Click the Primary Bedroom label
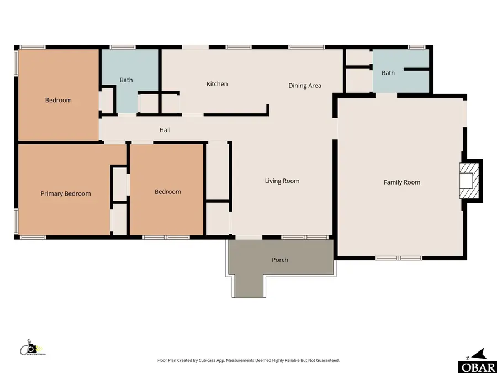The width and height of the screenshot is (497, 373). [x=66, y=194]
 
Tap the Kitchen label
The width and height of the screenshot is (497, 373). [x=217, y=84]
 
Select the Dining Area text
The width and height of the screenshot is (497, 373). [x=305, y=86]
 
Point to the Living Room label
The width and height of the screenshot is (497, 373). [x=282, y=181]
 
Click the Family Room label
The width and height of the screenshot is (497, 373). [x=402, y=182]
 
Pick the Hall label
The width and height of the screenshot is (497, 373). [x=165, y=130]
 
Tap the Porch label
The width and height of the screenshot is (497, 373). [x=280, y=260]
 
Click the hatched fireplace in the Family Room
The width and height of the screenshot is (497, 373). [x=470, y=181]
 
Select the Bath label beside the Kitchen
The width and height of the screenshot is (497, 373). [x=126, y=80]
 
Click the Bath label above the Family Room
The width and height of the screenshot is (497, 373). [x=388, y=73]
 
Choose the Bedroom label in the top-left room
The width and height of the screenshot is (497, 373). [x=58, y=101]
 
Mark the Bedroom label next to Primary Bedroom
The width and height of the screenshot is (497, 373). [x=167, y=192]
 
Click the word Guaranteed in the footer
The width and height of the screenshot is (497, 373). [x=326, y=360]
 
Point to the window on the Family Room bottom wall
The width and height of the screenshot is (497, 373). [x=399, y=258]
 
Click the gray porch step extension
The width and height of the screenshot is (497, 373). [x=249, y=285]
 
